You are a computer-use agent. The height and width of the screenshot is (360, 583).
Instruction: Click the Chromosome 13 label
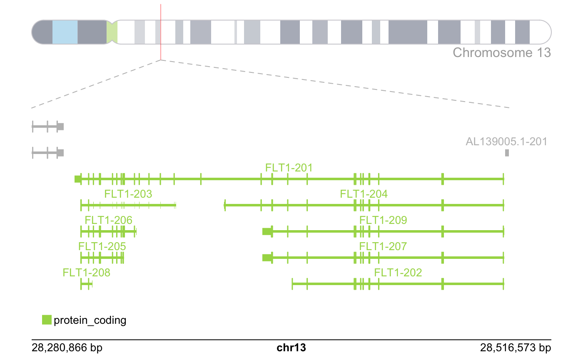pos(501,53)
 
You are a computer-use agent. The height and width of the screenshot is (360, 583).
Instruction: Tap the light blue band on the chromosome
pos(65,32)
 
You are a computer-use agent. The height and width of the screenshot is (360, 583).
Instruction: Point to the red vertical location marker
pos(161,31)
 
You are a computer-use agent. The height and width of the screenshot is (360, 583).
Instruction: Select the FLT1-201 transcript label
pos(289,168)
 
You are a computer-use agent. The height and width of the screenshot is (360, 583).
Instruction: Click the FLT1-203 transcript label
pos(128,194)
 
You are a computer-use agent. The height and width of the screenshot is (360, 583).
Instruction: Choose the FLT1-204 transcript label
pos(364,194)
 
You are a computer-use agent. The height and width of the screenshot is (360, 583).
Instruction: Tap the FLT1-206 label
pos(108,220)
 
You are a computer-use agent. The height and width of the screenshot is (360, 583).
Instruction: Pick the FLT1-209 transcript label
pos(383,220)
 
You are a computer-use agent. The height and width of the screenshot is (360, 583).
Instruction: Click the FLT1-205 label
pos(102,246)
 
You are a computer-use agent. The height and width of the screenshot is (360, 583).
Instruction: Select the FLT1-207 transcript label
pos(383,246)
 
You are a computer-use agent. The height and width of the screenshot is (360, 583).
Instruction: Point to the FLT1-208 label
pos(87,273)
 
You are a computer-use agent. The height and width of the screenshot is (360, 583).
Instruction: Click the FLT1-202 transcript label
pos(398,273)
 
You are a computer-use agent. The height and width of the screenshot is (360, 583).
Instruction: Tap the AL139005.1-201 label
pos(506,142)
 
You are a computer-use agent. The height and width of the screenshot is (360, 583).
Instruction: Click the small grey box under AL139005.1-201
pos(507,153)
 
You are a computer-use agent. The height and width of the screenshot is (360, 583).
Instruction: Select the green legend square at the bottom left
pos(47,320)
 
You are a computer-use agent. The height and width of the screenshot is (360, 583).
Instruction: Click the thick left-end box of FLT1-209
pos(267,231)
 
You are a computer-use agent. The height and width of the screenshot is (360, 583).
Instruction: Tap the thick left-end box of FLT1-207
pos(267,258)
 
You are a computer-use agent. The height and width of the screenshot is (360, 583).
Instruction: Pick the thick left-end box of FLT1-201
pos(77,179)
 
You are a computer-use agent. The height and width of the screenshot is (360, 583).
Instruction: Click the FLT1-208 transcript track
pos(86,284)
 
